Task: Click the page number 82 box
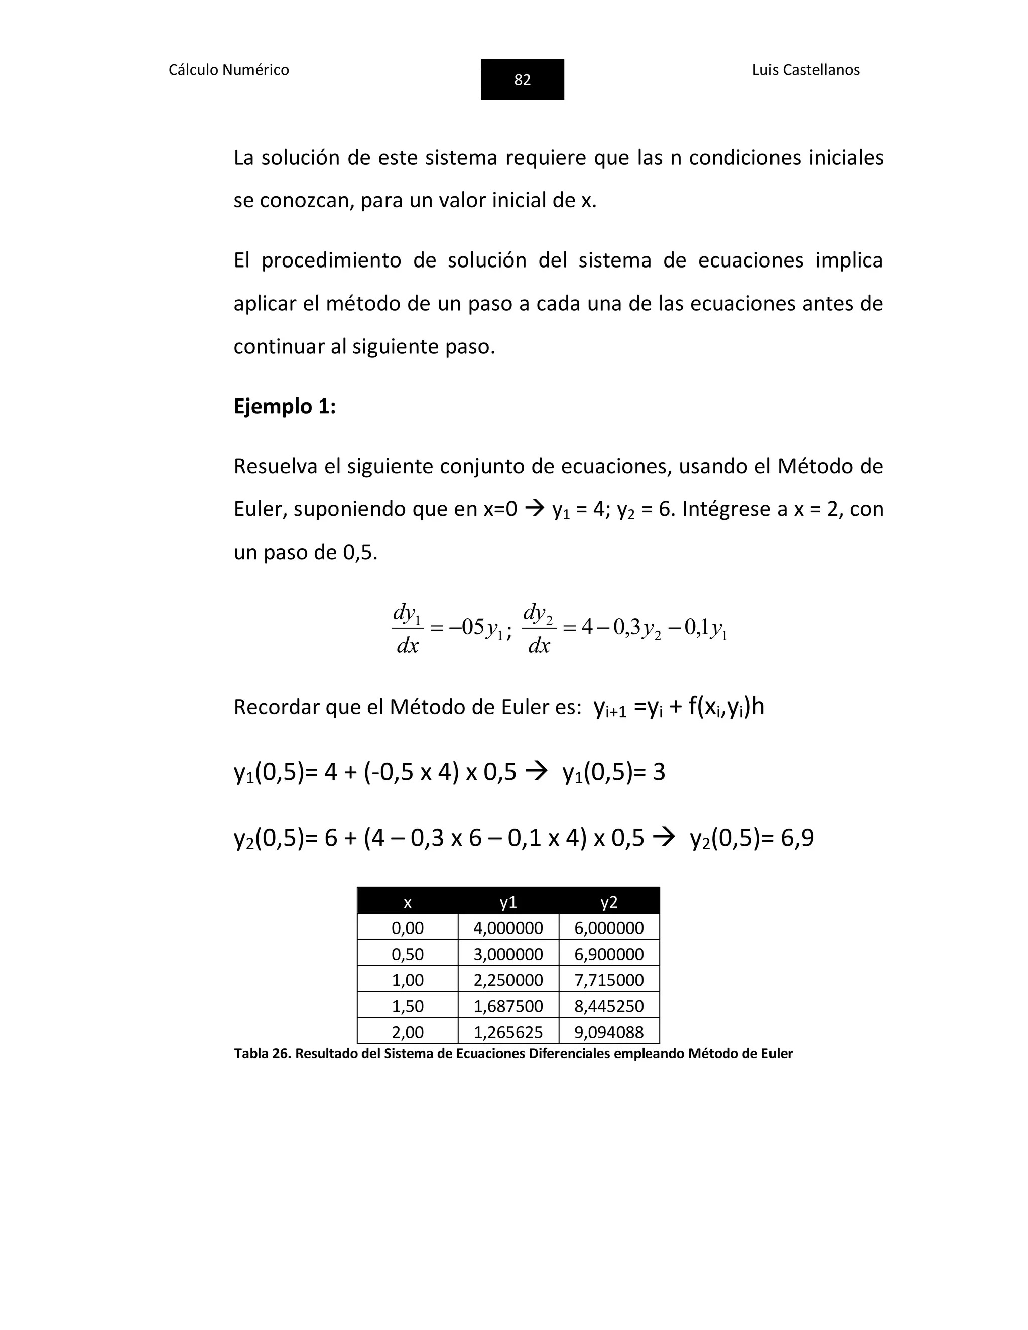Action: click(x=522, y=79)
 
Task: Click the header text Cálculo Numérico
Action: click(x=228, y=70)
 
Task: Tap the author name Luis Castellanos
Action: click(x=805, y=70)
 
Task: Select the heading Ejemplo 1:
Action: click(x=285, y=406)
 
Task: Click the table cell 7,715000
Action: click(x=608, y=980)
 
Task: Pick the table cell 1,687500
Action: click(x=508, y=1005)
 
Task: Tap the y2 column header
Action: click(x=608, y=902)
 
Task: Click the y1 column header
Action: click(x=508, y=902)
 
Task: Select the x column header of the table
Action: click(x=408, y=902)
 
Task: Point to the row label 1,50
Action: click(x=408, y=1005)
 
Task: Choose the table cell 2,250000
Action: click(x=508, y=980)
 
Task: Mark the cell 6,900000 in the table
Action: click(x=608, y=954)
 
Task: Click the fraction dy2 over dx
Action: click(x=539, y=628)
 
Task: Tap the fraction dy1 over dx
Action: click(x=407, y=628)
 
